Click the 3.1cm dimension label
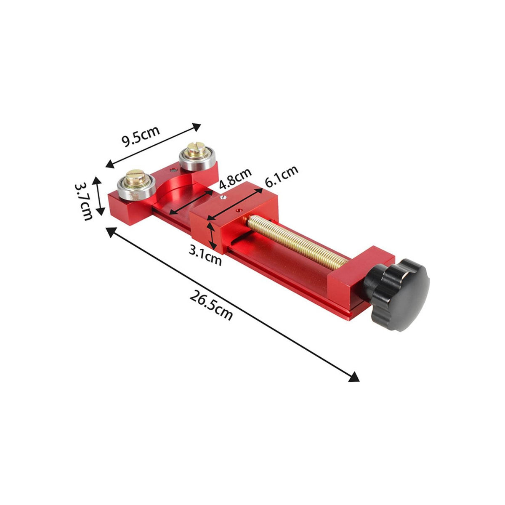click(205, 257)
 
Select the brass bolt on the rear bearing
click(196, 150)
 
